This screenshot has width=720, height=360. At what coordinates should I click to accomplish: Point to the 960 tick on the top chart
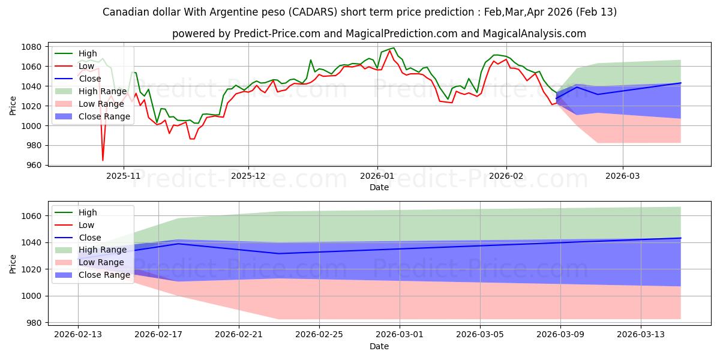[34, 165]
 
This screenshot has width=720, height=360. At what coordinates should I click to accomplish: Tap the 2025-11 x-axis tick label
[124, 176]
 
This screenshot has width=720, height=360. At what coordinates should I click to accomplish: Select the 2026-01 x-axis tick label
[377, 176]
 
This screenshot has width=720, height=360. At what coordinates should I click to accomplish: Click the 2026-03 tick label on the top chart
[622, 176]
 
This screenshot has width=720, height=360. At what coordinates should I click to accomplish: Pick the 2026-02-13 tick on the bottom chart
[78, 334]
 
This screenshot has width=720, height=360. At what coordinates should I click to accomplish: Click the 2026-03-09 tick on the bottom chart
[560, 334]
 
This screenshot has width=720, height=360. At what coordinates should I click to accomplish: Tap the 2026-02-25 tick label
[319, 334]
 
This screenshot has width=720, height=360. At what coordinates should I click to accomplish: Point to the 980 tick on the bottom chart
[34, 323]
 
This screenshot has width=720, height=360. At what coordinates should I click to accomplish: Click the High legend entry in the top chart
[88, 54]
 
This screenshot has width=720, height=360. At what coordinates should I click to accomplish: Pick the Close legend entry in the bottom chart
[91, 238]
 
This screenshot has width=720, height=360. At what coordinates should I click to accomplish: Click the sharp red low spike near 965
[103, 160]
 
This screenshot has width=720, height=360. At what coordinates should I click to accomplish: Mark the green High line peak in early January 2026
[393, 48]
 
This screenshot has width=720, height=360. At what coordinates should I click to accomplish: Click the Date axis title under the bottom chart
[379, 346]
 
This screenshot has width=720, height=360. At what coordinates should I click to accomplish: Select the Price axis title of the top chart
[13, 105]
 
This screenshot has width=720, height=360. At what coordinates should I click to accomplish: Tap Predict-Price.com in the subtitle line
[264, 34]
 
